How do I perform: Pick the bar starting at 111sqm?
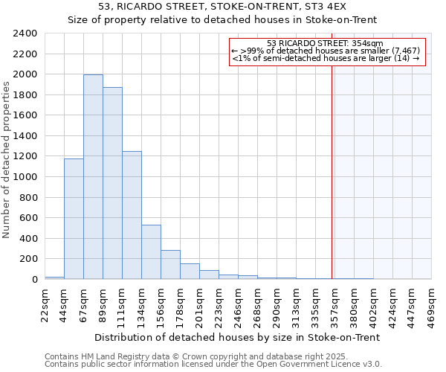pyautogui.click(x=132, y=215)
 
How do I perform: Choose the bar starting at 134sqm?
pyautogui.click(x=151, y=252)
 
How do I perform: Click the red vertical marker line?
pyautogui.click(x=332, y=164)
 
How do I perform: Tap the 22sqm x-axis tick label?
pyautogui.click(x=45, y=302)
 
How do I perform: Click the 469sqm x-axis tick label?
pyautogui.click(x=432, y=302)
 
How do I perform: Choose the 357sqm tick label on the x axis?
pyautogui.click(x=335, y=302)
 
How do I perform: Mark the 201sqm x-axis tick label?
pyautogui.click(x=200, y=302)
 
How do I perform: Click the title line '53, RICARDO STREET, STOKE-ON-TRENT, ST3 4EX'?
pyautogui.click(x=223, y=6)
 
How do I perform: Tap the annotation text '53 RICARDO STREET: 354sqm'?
pyautogui.click(x=325, y=43)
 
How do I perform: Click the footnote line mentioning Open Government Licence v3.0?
pyautogui.click(x=213, y=365)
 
